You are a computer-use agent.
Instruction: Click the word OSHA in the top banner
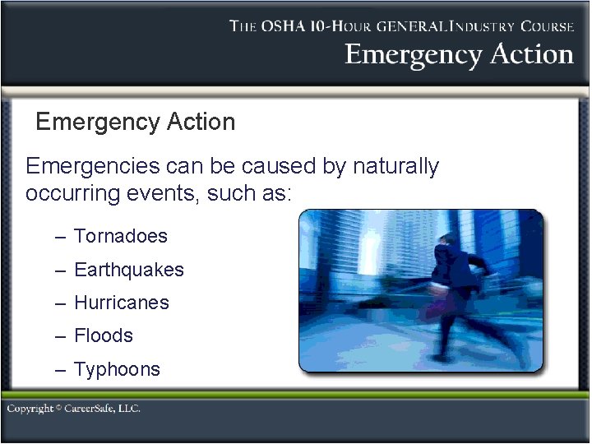284,26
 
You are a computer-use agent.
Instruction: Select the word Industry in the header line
475,26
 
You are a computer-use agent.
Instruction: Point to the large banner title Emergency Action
459,55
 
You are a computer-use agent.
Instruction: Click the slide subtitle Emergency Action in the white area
136,123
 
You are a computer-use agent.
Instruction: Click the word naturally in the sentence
396,167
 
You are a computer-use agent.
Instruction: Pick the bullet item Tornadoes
120,237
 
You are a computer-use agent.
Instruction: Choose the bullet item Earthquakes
128,270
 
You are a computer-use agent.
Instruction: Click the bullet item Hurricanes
121,303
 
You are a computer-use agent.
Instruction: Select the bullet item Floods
103,335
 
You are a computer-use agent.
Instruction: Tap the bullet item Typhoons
117,369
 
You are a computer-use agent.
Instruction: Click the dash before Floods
60,336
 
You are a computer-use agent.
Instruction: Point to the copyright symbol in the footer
59,408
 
